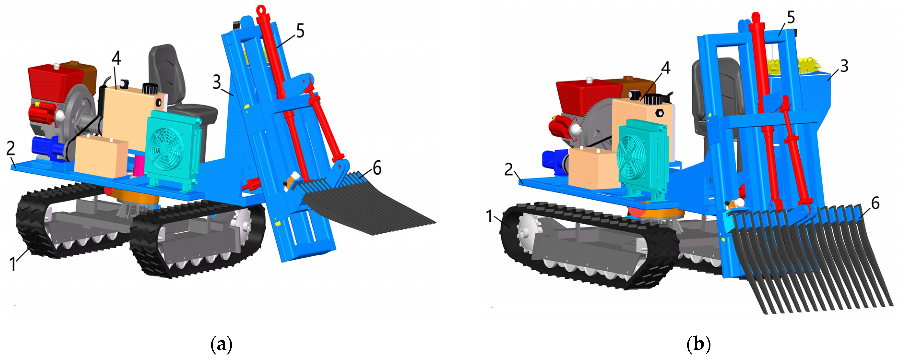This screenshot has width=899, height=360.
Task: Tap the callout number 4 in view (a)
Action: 116,58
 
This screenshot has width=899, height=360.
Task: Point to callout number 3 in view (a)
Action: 217,82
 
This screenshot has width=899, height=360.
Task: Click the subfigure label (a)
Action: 221,345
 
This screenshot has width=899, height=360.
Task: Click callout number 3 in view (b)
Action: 844,66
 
